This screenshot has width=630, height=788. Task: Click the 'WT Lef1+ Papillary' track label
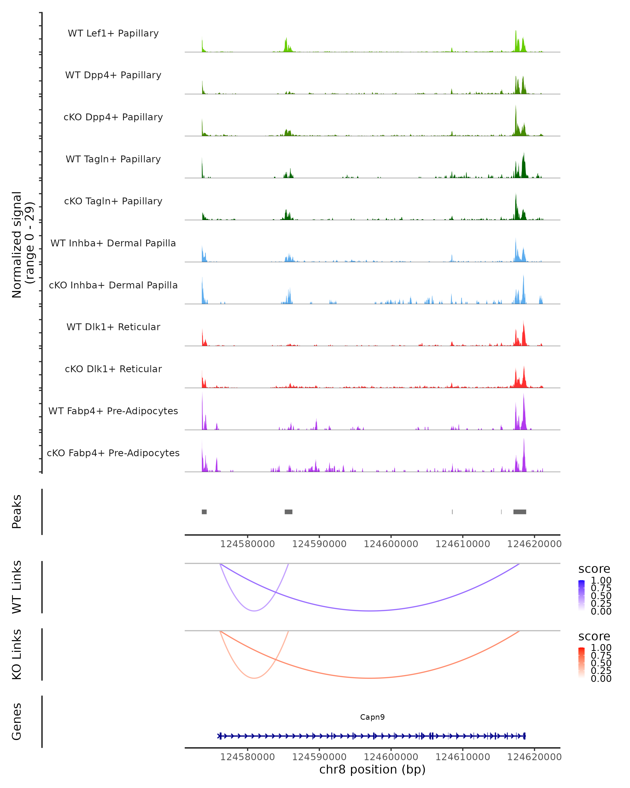click(x=113, y=33)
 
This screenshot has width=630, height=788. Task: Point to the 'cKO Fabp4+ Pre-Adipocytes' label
click(x=113, y=453)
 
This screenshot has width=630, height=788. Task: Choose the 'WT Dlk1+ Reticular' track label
click(x=113, y=327)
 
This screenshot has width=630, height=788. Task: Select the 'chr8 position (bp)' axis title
click(x=372, y=769)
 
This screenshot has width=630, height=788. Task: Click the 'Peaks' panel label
click(x=17, y=512)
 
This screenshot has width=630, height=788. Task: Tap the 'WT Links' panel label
click(x=17, y=587)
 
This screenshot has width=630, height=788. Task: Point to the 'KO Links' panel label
click(x=17, y=654)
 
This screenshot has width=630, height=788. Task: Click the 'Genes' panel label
click(x=17, y=722)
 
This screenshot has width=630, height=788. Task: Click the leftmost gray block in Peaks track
click(x=204, y=512)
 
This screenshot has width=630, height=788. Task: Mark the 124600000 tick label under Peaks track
click(x=391, y=544)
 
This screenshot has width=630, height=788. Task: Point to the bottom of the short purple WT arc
click(x=254, y=611)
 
